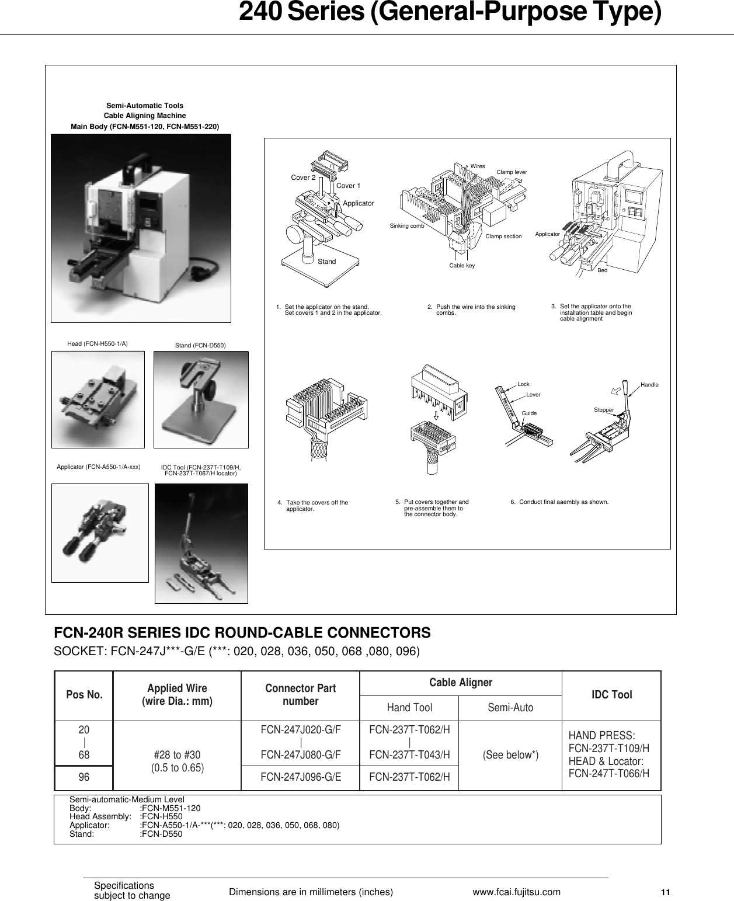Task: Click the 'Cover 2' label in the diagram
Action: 303,178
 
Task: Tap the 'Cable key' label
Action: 462,266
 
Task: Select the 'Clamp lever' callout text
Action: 512,172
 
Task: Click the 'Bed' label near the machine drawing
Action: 603,271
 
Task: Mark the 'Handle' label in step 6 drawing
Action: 649,385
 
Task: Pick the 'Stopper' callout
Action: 604,410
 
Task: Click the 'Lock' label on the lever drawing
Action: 523,384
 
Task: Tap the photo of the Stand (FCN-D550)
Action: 201,399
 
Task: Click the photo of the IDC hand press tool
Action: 201,543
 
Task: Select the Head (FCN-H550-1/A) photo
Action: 98,399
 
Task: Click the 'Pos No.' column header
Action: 84,695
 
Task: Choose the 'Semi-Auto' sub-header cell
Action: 510,708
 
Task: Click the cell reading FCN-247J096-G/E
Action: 301,777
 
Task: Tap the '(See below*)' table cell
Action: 510,755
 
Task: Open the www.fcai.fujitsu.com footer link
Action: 516,892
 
